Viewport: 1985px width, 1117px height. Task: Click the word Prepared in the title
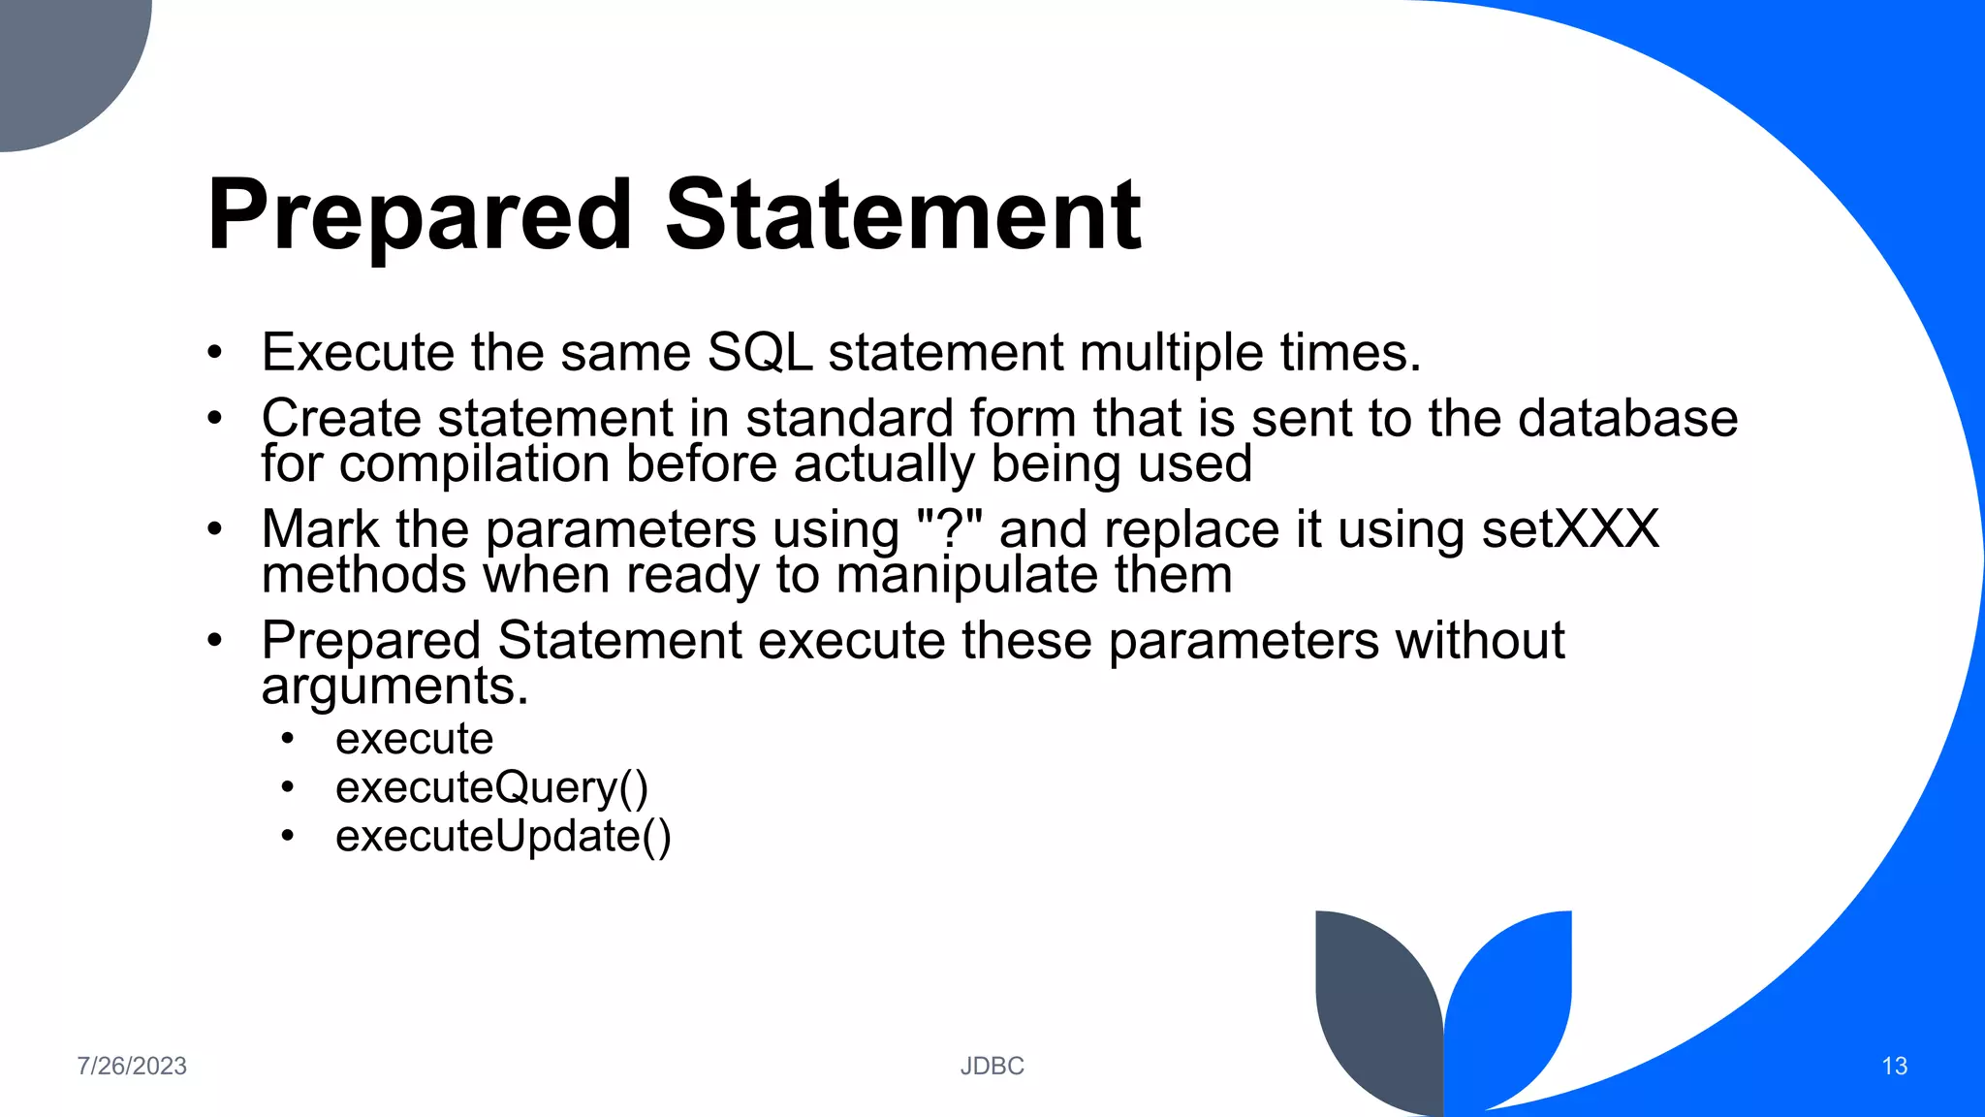click(419, 215)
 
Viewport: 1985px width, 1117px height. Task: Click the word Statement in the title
click(903, 215)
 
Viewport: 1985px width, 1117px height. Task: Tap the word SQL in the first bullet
click(759, 352)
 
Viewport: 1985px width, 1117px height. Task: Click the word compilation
click(474, 464)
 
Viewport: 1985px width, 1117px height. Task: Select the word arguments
click(394, 687)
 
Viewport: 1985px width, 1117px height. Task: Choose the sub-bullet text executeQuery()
click(491, 787)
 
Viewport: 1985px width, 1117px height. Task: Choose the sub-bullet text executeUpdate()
click(502, 836)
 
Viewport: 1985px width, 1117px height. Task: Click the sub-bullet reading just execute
click(414, 739)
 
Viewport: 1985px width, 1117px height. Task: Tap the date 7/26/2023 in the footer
click(132, 1066)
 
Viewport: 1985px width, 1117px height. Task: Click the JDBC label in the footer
click(992, 1066)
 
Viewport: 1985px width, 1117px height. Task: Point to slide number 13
click(1894, 1066)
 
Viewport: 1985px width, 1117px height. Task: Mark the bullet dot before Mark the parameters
click(215, 529)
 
